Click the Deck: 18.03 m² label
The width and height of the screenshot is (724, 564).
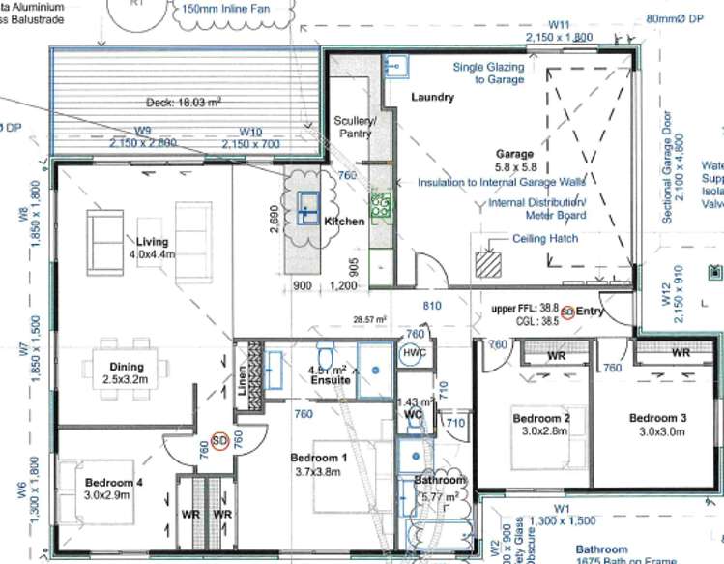coord(185,102)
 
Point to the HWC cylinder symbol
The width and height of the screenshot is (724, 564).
coord(414,354)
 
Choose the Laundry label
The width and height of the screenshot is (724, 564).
coord(432,97)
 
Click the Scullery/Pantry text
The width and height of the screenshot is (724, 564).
coord(353,127)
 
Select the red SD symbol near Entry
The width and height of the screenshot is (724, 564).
coord(568,312)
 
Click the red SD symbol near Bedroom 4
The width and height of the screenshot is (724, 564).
coord(219,441)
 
